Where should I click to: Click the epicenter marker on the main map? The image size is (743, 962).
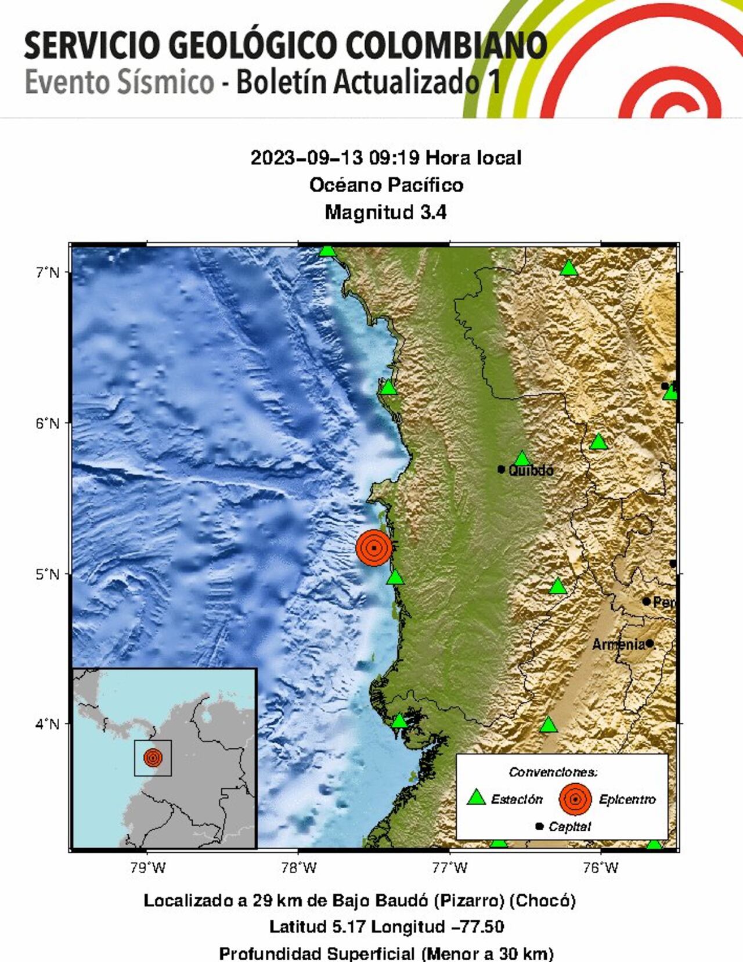click(374, 547)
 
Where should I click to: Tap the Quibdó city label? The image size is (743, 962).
click(531, 470)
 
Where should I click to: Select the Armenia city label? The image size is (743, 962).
click(619, 644)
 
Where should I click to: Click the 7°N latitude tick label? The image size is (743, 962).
click(48, 272)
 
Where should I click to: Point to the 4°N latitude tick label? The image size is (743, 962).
click(48, 724)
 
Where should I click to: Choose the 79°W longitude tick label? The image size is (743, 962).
click(148, 868)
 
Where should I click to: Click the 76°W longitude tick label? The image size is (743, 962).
click(600, 868)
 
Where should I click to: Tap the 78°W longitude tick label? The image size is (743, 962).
click(298, 868)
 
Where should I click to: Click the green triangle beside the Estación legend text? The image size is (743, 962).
click(477, 798)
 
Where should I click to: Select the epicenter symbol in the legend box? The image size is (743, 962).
click(575, 799)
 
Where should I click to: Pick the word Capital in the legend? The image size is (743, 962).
click(569, 826)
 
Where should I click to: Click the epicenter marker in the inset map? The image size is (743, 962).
click(153, 758)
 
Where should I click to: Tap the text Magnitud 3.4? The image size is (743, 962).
click(385, 212)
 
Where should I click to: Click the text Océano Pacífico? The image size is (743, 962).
click(386, 185)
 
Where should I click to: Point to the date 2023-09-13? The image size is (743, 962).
click(306, 157)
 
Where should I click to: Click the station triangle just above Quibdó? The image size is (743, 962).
click(522, 459)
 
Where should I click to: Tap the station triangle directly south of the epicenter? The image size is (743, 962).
click(395, 577)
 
